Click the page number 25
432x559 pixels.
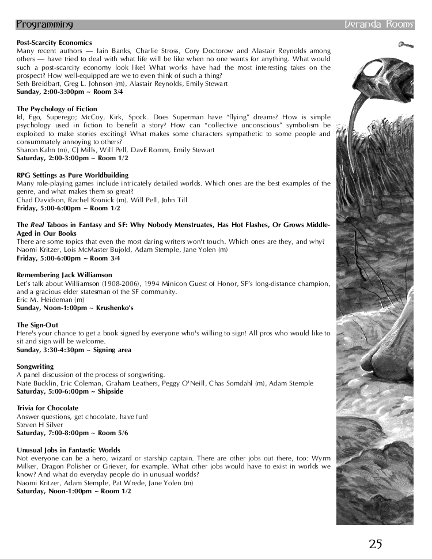pyautogui.click(x=376, y=543)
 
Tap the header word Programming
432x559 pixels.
pyautogui.click(x=44, y=25)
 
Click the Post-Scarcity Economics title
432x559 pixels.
pyautogui.click(x=54, y=43)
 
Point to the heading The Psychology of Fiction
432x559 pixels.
pyautogui.click(x=57, y=108)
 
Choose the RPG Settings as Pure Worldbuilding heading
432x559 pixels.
pyautogui.click(x=73, y=175)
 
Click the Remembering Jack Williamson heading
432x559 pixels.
pyautogui.click(x=65, y=275)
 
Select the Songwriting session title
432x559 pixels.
pyautogui.click(x=35, y=367)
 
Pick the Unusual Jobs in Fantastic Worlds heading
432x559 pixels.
pyautogui.click(x=69, y=450)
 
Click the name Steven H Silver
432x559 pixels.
pyautogui.click(x=39, y=425)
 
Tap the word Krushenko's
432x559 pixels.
pyautogui.click(x=115, y=308)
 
